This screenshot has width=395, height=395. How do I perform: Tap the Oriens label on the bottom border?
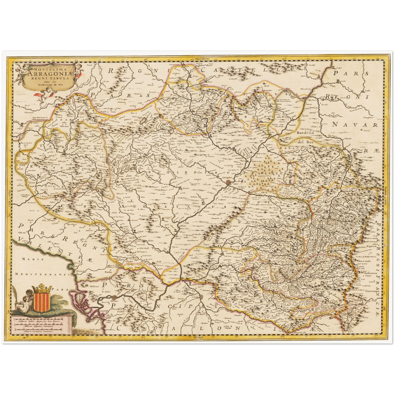[x=199, y=337]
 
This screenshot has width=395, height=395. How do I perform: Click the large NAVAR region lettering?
[x=355, y=125]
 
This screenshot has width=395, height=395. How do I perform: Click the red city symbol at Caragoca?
[x=229, y=181]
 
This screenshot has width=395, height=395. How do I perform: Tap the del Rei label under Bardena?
[x=305, y=142]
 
